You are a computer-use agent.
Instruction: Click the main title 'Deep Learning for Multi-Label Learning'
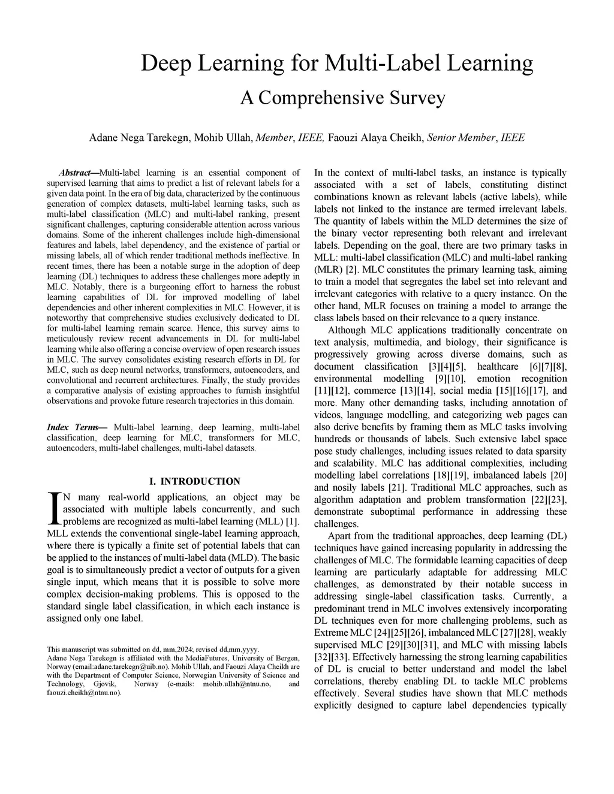[336, 63]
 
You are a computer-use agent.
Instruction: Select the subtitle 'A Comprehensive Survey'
[342, 97]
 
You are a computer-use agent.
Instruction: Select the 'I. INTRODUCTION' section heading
[194, 481]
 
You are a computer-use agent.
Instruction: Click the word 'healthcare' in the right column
[498, 366]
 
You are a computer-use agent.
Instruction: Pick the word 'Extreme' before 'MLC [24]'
[331, 633]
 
